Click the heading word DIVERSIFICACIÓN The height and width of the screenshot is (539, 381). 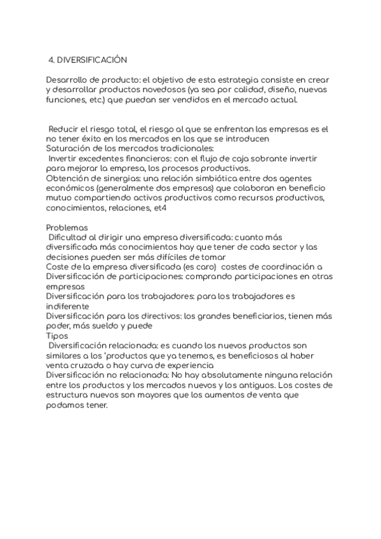pyautogui.click(x=92, y=60)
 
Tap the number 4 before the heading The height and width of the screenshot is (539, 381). pyautogui.click(x=51, y=60)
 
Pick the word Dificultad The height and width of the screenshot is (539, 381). pyautogui.click(x=72, y=237)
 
